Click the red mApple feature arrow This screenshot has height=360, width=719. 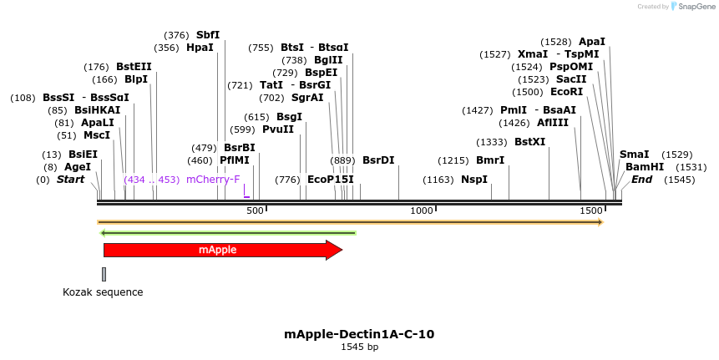pos(221,250)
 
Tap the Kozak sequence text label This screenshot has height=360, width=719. pos(103,292)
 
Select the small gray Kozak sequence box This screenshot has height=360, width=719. pos(104,274)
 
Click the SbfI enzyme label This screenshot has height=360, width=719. pos(208,35)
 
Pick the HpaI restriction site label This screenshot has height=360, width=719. pos(200,48)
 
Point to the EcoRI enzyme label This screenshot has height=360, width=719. pos(566,92)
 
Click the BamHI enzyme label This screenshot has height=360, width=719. pos(644,167)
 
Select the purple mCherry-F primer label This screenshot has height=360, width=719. pos(213,180)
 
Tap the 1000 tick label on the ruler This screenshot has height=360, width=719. pos(422,210)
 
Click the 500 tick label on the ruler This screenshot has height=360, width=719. pos(256,210)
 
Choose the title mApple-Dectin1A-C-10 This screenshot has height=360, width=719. pos(359,334)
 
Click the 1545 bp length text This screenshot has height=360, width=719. pos(359,347)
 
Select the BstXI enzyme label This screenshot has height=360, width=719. pos(529,142)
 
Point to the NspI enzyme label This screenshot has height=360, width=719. pos(473,180)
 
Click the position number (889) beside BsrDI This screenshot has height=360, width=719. pos(342,160)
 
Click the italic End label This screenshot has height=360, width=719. pos(641,180)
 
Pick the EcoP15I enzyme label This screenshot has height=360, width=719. pos(330,180)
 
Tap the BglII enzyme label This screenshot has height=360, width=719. pos(328,60)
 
